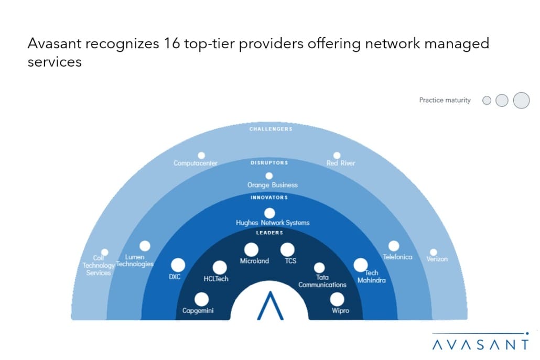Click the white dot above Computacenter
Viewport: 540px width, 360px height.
click(201, 156)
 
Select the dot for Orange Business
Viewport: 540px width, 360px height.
click(269, 176)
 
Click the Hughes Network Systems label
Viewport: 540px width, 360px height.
click(273, 223)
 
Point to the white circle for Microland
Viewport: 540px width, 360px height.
click(251, 250)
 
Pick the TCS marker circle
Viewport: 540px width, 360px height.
click(287, 250)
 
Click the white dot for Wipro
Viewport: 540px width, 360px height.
click(337, 299)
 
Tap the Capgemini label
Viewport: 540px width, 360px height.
click(198, 311)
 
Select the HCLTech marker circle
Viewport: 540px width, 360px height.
click(220, 268)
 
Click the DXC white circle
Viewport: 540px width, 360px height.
click(178, 265)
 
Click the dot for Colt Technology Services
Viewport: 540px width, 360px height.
click(104, 252)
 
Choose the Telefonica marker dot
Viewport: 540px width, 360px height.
click(393, 246)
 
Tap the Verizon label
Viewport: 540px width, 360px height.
click(437, 259)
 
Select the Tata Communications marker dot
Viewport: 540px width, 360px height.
click(319, 268)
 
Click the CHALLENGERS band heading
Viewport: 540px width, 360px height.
click(271, 129)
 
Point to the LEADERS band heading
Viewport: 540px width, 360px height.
click(270, 233)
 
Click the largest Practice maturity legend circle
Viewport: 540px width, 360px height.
click(521, 100)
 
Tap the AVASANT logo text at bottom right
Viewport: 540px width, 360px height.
click(480, 344)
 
